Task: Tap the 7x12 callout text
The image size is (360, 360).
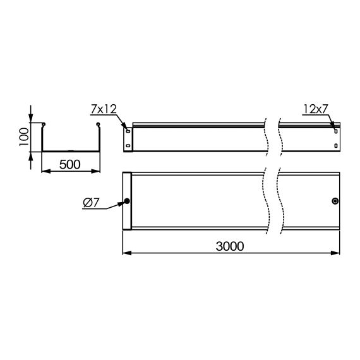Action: [104, 109]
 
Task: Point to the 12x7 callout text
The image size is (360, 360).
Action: [316, 109]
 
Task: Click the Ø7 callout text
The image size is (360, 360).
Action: [92, 203]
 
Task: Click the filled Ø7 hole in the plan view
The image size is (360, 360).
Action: [127, 201]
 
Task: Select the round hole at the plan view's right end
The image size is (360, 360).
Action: [335, 201]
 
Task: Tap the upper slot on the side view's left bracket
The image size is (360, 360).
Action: [128, 131]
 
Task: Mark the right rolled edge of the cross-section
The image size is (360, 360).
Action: [98, 124]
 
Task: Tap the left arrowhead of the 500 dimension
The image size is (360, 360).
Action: [44, 172]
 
